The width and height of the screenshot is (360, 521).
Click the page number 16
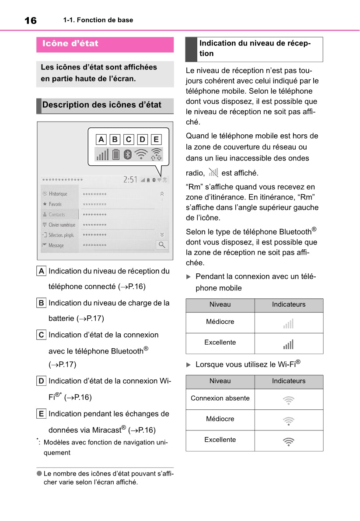click(x=31, y=21)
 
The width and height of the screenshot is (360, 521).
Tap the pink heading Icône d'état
click(x=70, y=44)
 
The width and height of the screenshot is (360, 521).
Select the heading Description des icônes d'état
click(x=102, y=105)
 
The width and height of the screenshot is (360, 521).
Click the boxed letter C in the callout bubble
click(x=129, y=140)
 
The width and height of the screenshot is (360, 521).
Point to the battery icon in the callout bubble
click(x=115, y=154)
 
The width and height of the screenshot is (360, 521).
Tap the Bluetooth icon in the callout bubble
click(x=128, y=154)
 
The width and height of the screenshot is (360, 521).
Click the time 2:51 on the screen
click(x=130, y=179)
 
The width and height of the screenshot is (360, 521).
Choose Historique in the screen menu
click(x=58, y=194)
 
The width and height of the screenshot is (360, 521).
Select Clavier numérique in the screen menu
click(x=62, y=225)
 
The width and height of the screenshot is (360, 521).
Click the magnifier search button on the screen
click(x=162, y=245)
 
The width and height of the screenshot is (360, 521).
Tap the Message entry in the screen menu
click(x=56, y=245)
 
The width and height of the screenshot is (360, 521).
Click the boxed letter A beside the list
click(x=41, y=271)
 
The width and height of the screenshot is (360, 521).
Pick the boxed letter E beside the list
click(x=41, y=414)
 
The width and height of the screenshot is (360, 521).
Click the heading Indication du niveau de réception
click(x=255, y=49)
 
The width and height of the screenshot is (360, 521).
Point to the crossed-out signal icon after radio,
click(x=213, y=172)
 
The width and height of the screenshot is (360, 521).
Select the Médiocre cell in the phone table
click(x=220, y=322)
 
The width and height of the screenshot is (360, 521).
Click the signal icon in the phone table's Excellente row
click(x=288, y=344)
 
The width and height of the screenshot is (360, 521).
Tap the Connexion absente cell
click(x=220, y=399)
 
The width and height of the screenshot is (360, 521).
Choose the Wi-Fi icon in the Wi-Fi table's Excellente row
click(x=288, y=441)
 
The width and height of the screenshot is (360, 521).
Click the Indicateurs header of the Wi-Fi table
click(x=289, y=381)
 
